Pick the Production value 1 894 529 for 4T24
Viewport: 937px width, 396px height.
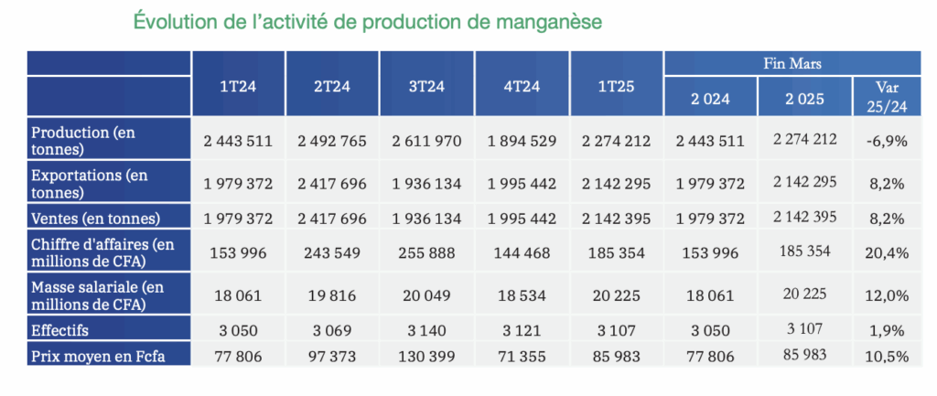click(522, 141)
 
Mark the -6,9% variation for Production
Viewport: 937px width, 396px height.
click(884, 141)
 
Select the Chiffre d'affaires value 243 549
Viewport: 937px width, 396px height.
click(332, 252)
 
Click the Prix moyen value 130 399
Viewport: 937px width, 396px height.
click(427, 354)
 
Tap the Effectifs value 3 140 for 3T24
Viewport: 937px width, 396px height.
click(427, 329)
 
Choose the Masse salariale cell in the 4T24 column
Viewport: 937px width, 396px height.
click(522, 294)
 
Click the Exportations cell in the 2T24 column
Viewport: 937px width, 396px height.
click(332, 184)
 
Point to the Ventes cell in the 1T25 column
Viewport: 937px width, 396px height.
click(616, 219)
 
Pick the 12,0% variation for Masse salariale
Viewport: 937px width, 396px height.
click(884, 294)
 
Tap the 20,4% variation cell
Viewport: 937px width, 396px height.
click(884, 252)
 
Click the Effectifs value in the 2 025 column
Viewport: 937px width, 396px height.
click(803, 328)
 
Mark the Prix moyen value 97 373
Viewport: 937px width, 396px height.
click(332, 354)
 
